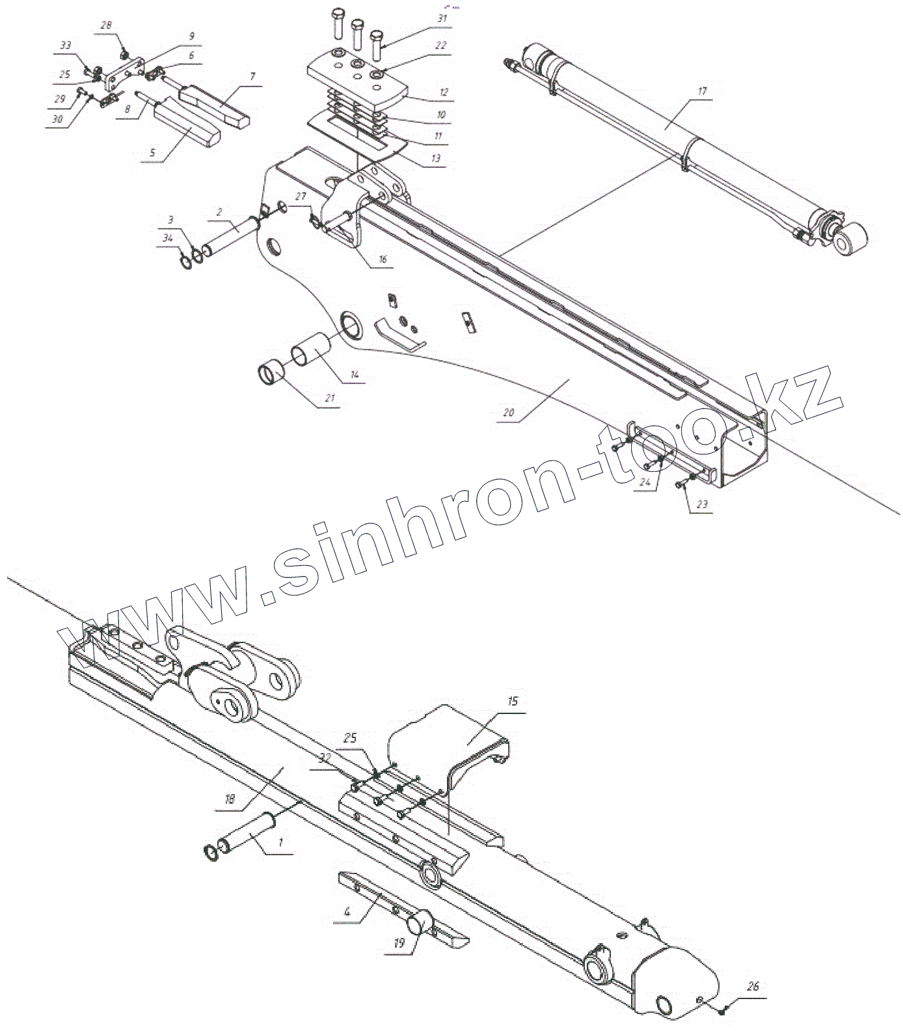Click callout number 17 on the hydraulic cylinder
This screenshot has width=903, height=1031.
tap(701, 92)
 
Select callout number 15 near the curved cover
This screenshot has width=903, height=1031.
tap(513, 702)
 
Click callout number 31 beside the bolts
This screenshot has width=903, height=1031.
tap(442, 19)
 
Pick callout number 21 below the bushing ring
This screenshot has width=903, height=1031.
tap(329, 398)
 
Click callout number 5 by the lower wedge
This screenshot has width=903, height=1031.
tap(154, 154)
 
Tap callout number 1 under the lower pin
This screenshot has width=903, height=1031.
tap(280, 842)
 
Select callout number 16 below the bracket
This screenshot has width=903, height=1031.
tap(383, 259)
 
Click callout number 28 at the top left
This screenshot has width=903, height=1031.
tap(105, 25)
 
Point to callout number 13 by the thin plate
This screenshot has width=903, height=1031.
tap(435, 158)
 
